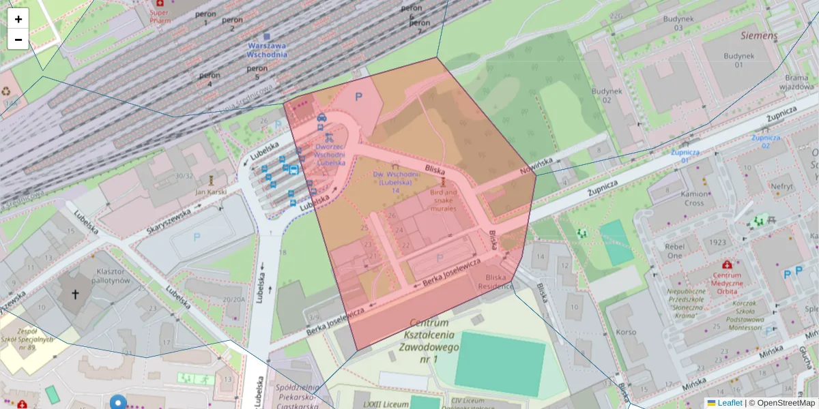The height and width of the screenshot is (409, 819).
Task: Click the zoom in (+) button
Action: (x=18, y=19)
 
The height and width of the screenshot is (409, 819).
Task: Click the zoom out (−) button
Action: (x=18, y=40)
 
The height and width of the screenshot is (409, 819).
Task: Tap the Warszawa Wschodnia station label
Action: (x=267, y=50)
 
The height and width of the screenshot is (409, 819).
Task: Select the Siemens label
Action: (x=759, y=35)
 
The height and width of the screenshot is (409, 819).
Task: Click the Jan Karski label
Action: (x=210, y=192)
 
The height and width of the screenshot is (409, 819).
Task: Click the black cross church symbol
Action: (x=76, y=295)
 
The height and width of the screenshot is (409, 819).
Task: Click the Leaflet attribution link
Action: (x=729, y=403)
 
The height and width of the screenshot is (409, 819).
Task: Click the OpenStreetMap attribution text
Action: (x=781, y=403)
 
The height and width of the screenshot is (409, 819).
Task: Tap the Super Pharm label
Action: (x=160, y=16)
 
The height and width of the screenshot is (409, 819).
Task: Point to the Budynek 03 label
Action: (x=669, y=23)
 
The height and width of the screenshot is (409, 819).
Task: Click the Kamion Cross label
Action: (x=693, y=198)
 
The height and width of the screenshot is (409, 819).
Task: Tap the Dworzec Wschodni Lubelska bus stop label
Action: (x=330, y=154)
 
